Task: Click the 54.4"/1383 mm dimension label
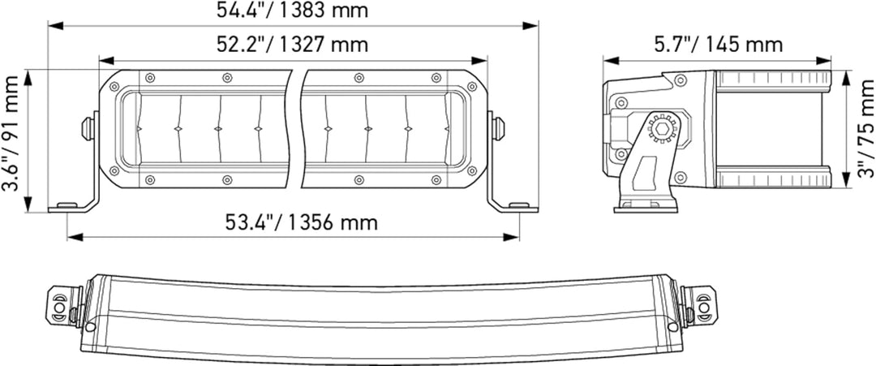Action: [x=293, y=11]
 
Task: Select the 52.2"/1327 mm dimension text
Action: [x=293, y=45]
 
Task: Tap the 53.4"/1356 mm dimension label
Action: [x=301, y=222]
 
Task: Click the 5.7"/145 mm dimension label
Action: [x=717, y=44]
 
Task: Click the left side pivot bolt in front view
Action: [x=88, y=127]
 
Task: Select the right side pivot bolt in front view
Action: [x=497, y=127]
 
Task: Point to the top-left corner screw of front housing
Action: [x=114, y=87]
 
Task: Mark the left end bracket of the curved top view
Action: [x=62, y=304]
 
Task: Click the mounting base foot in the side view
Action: [x=645, y=205]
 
